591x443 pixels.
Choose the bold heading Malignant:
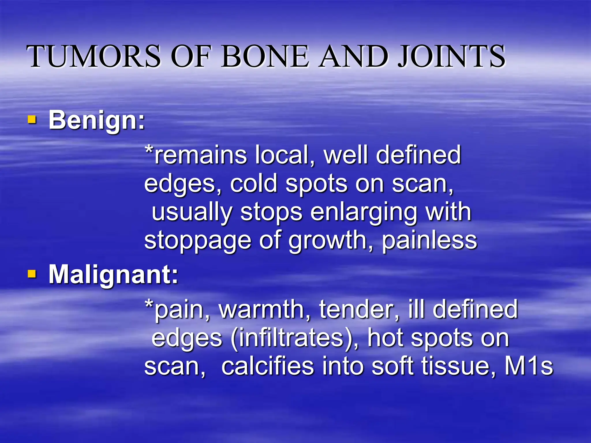(113, 275)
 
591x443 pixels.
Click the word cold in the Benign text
(254, 183)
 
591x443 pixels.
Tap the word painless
(430, 241)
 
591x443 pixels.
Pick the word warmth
(265, 309)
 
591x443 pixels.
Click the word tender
(360, 309)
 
